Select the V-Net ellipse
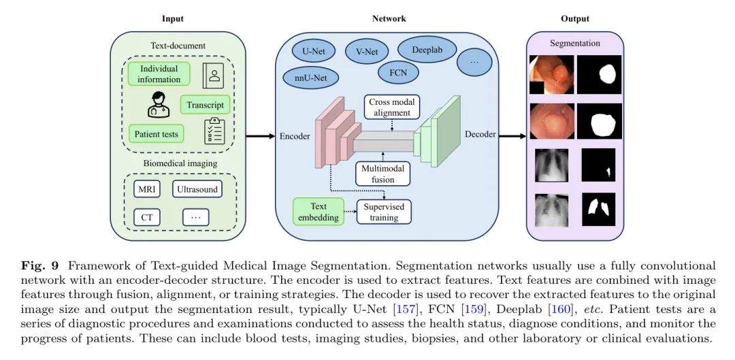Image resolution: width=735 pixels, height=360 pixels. tap(367, 50)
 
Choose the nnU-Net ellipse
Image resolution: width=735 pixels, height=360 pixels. tap(310, 77)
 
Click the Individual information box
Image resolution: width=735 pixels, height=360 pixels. tap(159, 74)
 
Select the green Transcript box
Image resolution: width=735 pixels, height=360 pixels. tap(205, 105)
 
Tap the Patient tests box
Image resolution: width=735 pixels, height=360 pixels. tap(156, 133)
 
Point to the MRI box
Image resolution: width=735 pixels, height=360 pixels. tap(147, 189)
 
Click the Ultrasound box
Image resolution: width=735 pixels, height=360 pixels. tap(197, 189)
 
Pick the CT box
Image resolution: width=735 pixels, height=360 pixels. tap(147, 218)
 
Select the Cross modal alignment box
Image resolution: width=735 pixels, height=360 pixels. tap(391, 107)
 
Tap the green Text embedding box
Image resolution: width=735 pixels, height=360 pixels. tap(318, 212)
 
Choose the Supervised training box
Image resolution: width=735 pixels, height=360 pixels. tap(384, 212)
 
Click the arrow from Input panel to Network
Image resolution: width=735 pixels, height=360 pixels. tap(259, 136)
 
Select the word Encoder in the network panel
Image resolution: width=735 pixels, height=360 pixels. tap(295, 136)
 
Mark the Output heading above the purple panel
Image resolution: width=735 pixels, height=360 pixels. tap(575, 18)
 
